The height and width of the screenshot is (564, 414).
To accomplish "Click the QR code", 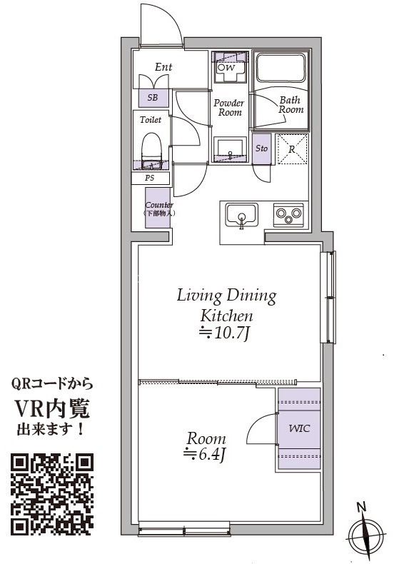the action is [x=52, y=494].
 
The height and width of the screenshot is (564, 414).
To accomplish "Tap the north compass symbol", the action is [x=365, y=533].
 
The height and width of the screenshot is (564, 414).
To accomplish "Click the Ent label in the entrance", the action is [x=163, y=67].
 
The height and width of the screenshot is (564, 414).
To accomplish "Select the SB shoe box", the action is [x=153, y=97].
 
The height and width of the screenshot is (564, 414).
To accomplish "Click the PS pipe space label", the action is [x=150, y=178].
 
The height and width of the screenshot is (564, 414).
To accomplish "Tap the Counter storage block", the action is [x=157, y=208].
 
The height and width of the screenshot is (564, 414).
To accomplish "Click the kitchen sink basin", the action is [x=242, y=216].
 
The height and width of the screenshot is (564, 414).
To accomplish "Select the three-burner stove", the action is [x=288, y=214].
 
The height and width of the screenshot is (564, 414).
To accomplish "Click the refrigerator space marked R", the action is [x=292, y=149].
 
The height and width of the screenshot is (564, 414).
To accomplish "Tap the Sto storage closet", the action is [x=261, y=148].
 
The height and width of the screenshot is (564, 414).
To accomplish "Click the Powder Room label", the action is [x=228, y=108].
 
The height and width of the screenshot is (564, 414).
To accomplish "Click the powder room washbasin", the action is [x=231, y=149].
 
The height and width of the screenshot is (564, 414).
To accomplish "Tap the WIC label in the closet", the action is [x=299, y=429].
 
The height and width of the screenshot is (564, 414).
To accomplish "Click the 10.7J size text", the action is [x=225, y=333].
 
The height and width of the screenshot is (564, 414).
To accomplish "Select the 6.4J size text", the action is [x=205, y=455].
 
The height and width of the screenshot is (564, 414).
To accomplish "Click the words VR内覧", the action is [x=52, y=408].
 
